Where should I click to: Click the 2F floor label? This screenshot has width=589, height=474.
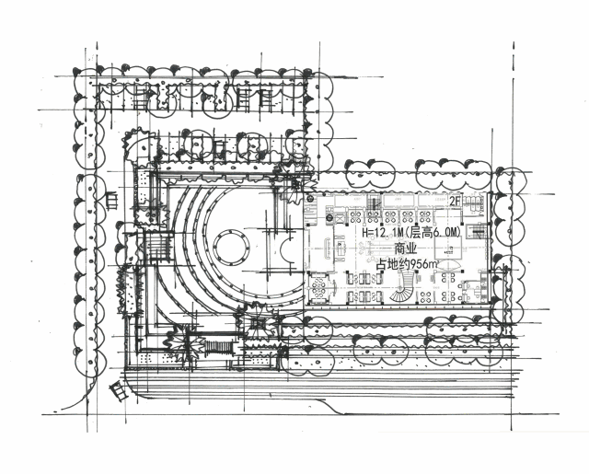455,202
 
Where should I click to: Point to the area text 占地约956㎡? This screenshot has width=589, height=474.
408,264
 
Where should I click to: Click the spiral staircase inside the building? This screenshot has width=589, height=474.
403,287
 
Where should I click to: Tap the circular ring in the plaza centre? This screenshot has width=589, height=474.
231,248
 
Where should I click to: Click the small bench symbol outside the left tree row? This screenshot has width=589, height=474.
112,200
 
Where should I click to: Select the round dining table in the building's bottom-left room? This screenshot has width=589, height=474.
318,287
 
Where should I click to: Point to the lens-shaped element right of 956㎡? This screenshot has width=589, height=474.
450,266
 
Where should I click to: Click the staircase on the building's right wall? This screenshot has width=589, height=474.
477,231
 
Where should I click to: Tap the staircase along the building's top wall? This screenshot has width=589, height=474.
374,202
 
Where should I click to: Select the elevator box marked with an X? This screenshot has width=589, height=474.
339,218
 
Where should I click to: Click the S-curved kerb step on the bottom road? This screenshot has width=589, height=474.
330,407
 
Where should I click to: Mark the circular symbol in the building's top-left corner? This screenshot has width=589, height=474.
311,199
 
